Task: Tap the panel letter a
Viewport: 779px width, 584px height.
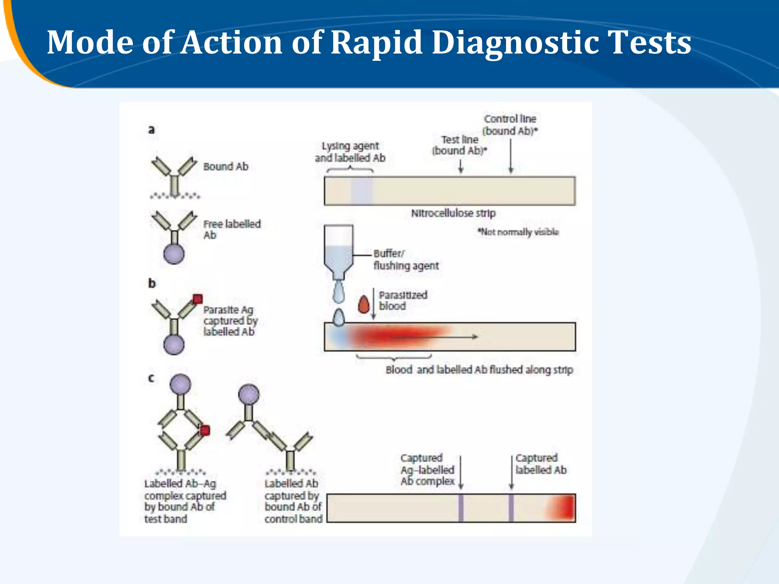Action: pos(151,130)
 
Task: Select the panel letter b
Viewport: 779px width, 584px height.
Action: pos(152,283)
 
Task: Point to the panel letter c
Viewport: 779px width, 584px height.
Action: pos(151,378)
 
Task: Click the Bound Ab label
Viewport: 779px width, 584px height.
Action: pos(226,167)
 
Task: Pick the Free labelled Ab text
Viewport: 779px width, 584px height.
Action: pos(232,229)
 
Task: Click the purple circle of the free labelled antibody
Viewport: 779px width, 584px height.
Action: pos(174,254)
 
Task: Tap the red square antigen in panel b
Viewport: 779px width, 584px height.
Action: pos(197,299)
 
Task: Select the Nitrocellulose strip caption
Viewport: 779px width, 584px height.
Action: pos(453,213)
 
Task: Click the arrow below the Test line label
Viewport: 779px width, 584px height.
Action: pos(461,166)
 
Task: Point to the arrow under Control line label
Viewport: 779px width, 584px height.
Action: pos(511,156)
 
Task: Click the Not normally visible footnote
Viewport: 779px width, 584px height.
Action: pos(518,232)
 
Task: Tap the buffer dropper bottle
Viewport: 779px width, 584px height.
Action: pos(338,251)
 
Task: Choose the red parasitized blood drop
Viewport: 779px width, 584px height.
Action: pos(364,305)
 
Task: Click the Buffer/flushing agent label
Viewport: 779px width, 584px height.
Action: pos(405,260)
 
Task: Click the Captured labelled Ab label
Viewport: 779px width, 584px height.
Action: pos(541,464)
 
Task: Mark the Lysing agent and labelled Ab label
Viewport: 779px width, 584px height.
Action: pos(350,152)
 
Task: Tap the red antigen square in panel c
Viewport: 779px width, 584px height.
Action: pos(205,430)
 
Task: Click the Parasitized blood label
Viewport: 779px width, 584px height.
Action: pos(403,300)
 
